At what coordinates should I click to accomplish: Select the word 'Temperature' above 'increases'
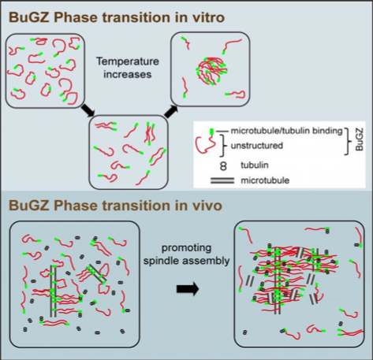[128, 61]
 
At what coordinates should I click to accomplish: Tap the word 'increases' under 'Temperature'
[128, 74]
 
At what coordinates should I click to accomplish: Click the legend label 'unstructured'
[257, 146]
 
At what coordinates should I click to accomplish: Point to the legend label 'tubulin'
[255, 165]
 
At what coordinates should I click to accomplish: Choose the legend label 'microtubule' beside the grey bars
[265, 180]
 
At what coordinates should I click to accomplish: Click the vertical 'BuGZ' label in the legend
[359, 139]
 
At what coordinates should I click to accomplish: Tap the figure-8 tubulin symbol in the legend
[223, 166]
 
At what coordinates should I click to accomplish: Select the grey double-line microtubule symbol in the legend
[222, 180]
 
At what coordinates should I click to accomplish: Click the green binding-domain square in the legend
[211, 131]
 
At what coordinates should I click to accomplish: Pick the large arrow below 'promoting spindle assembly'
[188, 289]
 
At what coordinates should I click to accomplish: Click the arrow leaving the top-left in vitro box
[88, 110]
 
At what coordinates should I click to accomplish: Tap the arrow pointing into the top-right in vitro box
[171, 111]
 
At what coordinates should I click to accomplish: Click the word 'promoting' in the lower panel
[186, 248]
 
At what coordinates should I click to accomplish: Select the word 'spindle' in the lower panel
[159, 262]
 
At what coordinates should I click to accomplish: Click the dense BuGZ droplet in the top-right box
[212, 71]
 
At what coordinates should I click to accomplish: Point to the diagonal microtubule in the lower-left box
[97, 274]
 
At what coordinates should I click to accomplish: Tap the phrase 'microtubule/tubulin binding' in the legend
[287, 131]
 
